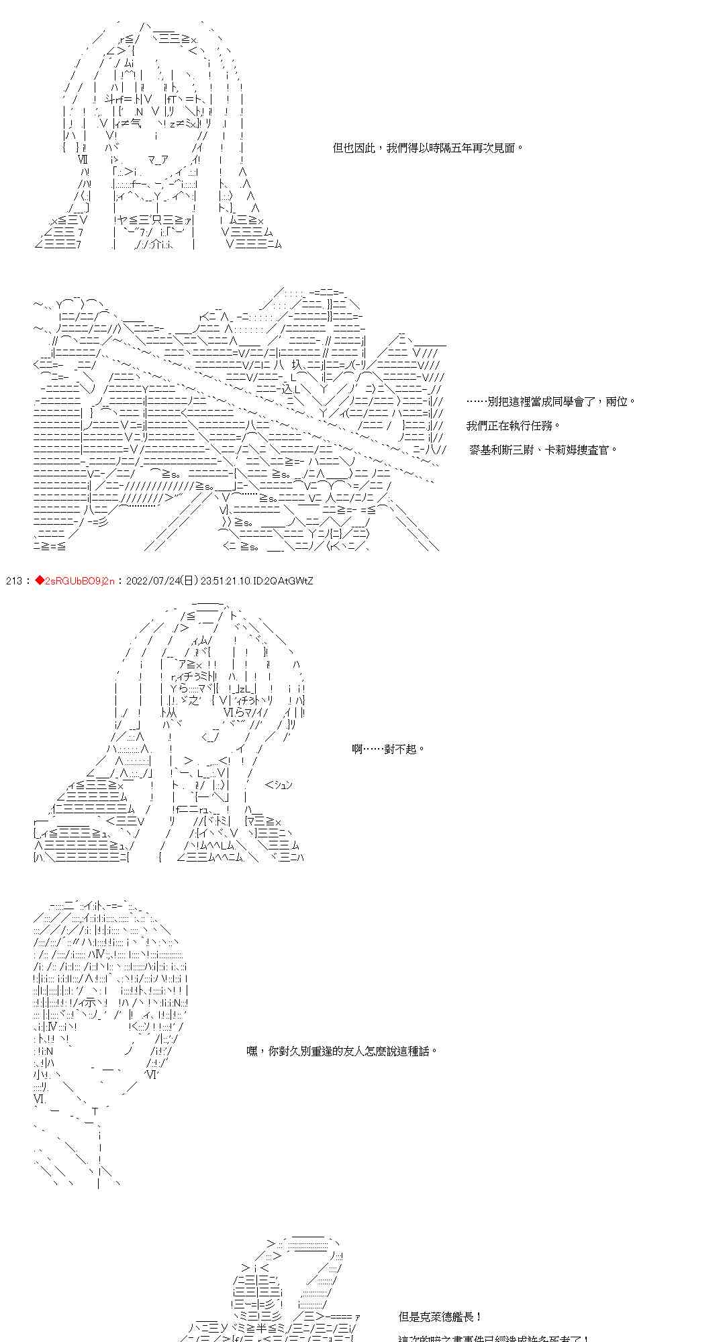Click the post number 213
[x=13, y=580]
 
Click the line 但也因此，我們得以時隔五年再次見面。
[x=428, y=148]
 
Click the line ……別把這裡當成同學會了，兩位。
[x=550, y=401]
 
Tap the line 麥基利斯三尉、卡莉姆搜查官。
[x=542, y=450]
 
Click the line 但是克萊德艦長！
[x=440, y=1317]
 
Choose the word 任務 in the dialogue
[x=548, y=425]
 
